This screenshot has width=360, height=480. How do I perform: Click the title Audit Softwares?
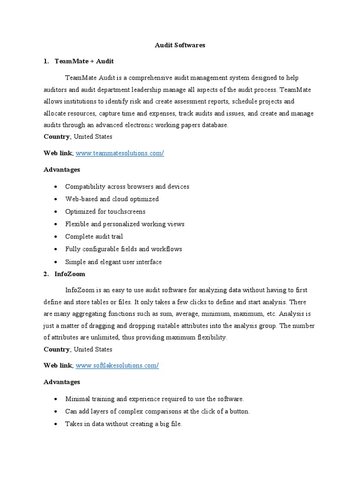180,45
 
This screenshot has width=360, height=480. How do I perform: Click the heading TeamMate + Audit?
84,61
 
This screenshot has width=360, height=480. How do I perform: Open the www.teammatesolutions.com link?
120,154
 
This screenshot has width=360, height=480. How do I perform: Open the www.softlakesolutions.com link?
117,366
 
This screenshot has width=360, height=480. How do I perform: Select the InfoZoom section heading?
70,274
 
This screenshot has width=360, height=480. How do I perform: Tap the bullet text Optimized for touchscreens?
105,212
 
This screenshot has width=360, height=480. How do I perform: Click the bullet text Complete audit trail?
94,237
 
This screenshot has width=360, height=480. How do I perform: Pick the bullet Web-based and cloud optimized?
112,199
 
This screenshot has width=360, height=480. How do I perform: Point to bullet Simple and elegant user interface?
113,262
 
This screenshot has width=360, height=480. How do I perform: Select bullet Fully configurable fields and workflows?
123,249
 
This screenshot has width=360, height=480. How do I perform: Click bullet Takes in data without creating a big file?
123,424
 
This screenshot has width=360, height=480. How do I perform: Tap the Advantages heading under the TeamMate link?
62,170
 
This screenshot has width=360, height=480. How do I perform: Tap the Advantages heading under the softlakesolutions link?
62,382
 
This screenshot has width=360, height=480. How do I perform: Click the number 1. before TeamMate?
46,61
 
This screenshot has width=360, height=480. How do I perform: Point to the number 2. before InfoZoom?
46,274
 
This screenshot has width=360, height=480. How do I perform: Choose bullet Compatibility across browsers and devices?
127,187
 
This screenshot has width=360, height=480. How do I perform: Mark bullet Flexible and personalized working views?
125,224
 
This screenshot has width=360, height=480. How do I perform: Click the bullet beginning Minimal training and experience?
154,399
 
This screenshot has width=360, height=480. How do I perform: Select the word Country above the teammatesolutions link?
57,137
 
